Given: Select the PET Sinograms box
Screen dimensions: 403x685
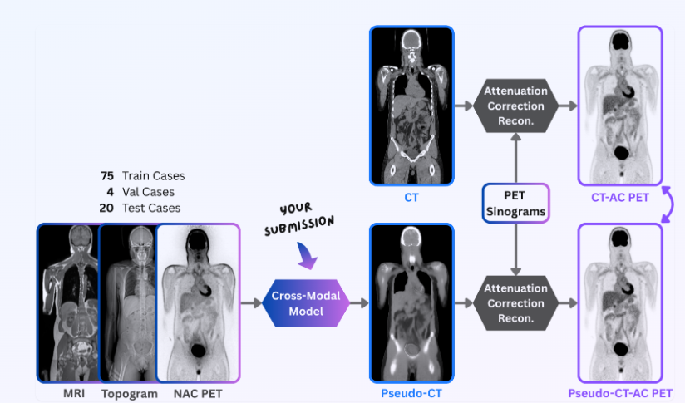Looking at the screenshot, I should [x=515, y=204].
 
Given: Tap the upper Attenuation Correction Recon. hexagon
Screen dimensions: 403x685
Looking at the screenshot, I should [x=515, y=106].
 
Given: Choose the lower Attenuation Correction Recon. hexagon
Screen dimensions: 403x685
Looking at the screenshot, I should [x=515, y=302].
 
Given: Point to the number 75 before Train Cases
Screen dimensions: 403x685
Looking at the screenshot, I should [x=106, y=176].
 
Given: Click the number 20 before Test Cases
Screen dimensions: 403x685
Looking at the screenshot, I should [x=106, y=208].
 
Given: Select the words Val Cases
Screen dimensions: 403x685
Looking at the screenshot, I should [x=149, y=192].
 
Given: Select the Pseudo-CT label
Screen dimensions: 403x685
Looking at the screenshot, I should [x=411, y=392].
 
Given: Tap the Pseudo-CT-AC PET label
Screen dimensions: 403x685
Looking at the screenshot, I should [x=619, y=392].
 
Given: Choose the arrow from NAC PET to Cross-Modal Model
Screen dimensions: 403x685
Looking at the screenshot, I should [x=250, y=302].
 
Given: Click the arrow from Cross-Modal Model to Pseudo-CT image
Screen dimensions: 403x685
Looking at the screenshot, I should [x=358, y=302].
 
